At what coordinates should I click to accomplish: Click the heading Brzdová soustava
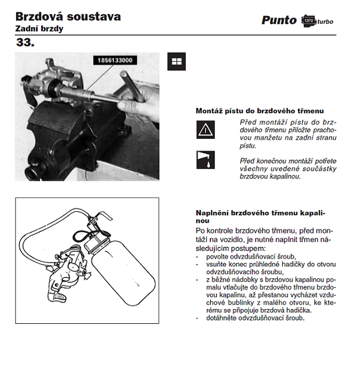click(x=68, y=16)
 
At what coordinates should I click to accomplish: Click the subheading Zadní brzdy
click(x=39, y=29)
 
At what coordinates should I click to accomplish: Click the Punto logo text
click(x=279, y=20)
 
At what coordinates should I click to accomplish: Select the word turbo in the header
click(x=325, y=22)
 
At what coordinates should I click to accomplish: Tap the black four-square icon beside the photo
click(x=176, y=61)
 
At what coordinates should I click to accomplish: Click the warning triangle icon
click(x=205, y=131)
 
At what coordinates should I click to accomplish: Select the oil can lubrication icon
click(x=205, y=160)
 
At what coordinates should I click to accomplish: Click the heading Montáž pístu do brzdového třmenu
click(x=259, y=111)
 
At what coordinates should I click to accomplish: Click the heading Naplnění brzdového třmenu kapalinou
click(x=260, y=216)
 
